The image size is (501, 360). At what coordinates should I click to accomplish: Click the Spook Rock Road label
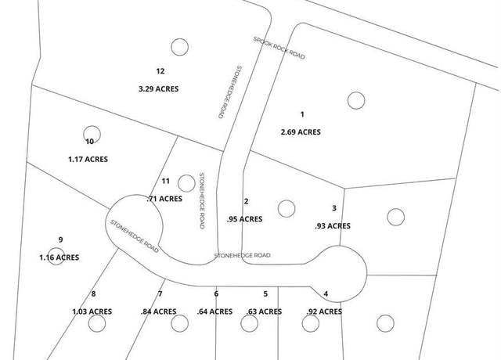tap(279, 48)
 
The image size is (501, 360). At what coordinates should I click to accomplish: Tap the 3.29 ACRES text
tap(158, 88)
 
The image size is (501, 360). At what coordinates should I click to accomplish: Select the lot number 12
tap(160, 71)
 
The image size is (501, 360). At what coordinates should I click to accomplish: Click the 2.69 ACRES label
tap(301, 132)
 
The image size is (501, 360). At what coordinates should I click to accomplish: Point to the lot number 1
tap(302, 114)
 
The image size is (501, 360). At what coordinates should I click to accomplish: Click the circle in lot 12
tap(179, 47)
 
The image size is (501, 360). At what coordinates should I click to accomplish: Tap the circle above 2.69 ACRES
tap(356, 100)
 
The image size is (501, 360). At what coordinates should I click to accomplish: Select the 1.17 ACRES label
tap(88, 159)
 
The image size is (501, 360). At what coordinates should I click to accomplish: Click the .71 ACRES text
tap(164, 199)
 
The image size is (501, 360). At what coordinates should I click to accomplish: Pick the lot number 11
tap(165, 181)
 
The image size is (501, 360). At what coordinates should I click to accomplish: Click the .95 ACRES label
tap(245, 219)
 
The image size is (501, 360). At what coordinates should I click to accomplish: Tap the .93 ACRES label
tap(333, 226)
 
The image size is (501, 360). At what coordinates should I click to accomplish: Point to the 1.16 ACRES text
tap(59, 257)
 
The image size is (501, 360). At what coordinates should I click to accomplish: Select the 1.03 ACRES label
tap(92, 311)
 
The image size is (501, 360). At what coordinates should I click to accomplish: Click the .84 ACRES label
tap(158, 311)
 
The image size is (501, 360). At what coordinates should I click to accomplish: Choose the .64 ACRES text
tap(214, 311)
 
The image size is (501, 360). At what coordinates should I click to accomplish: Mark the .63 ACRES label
tap(265, 311)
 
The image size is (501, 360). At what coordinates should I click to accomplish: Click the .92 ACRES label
tap(324, 311)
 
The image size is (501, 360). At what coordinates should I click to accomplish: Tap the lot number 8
tap(93, 293)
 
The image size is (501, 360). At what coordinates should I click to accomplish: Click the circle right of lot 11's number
tap(186, 183)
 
